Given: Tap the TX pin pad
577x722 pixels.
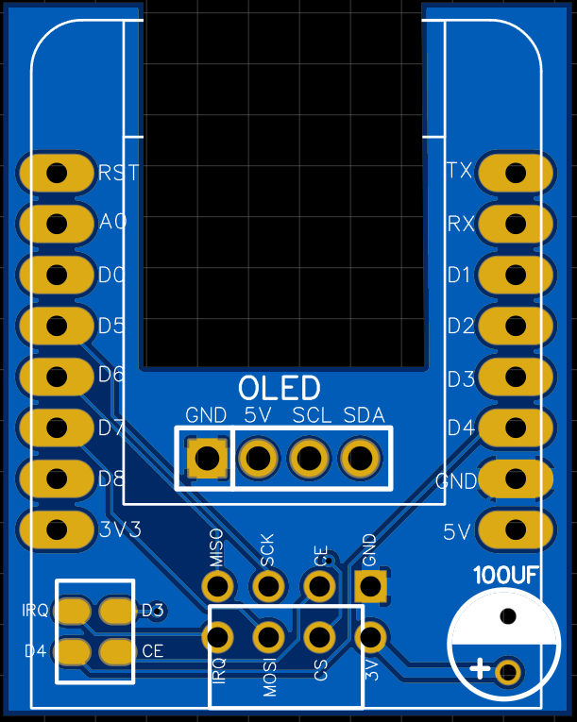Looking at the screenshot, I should point(516,173).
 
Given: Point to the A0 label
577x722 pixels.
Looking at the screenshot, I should point(112,223).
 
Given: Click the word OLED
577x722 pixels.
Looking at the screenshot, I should point(279,388).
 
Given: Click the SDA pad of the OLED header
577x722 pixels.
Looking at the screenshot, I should point(360,459).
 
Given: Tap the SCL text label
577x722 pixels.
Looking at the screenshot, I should point(311,415).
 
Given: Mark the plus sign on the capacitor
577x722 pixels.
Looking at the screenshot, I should point(480,670).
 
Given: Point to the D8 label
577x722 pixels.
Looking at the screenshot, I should point(111,479).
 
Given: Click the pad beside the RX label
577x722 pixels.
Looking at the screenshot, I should point(516,224).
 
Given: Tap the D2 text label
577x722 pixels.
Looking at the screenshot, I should point(461,327).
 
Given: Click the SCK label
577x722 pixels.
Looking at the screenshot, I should point(268,549).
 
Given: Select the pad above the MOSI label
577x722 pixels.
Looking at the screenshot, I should point(268,637).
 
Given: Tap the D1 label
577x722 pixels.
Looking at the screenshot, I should point(460,275).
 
